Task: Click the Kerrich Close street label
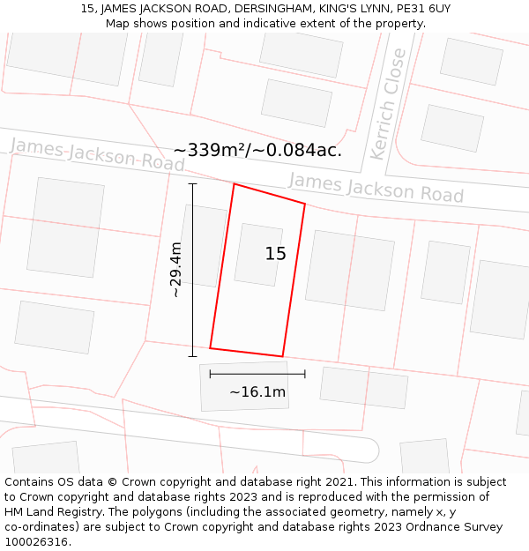point(389,104)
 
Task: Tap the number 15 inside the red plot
point(275,254)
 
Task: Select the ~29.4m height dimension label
point(175,270)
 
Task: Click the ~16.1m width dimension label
point(257,392)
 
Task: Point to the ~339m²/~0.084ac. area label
point(257,150)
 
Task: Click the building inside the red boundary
point(258,255)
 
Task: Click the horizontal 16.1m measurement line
point(257,374)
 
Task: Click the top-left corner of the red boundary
point(234,184)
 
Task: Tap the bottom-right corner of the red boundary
point(282,356)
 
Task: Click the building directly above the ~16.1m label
point(232,386)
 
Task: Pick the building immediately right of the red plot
point(350,270)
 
